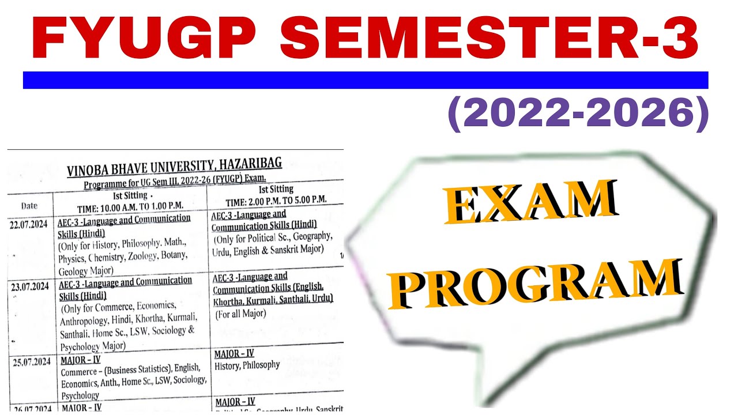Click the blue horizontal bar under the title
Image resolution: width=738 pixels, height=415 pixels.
tap(366, 80)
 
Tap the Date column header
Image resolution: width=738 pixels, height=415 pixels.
tap(29, 206)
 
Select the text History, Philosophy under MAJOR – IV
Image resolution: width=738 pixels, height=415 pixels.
tap(247, 365)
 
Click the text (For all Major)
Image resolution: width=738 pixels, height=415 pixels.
tap(240, 314)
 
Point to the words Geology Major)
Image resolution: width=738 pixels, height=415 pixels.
tap(86, 271)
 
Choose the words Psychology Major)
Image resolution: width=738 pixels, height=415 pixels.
tap(93, 346)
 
